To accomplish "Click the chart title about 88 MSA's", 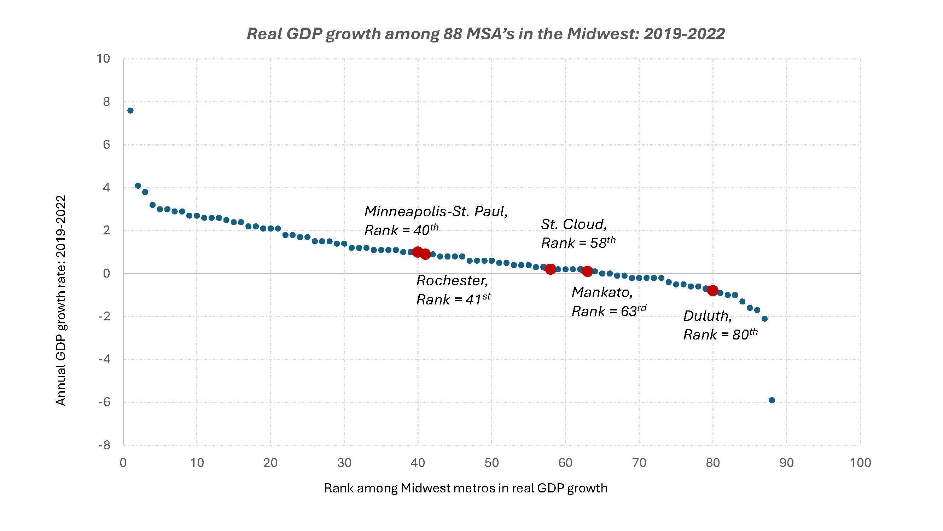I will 485,34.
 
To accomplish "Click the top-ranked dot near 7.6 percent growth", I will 130,111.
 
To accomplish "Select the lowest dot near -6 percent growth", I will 772,400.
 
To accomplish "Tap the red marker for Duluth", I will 712,291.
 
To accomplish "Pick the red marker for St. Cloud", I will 550,269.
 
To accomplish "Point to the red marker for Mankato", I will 587,271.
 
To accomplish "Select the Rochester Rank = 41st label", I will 453,290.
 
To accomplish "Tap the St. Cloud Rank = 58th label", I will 578,233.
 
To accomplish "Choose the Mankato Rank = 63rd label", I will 609,302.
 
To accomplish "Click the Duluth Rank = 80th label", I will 720,325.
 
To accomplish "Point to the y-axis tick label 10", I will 103,59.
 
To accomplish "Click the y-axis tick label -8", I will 104,445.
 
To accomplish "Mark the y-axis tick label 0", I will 106,273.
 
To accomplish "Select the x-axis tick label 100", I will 860,463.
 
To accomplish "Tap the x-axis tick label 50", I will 491,463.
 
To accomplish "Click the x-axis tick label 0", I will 123,463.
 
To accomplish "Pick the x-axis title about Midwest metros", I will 466,488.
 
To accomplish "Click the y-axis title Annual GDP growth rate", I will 61,300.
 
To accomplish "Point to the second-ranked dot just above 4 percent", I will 138,186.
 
